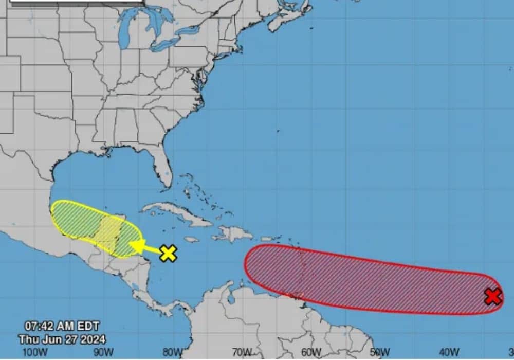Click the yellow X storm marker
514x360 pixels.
(x=168, y=253)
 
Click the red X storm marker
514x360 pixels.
(x=493, y=297)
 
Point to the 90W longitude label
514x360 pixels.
(x=103, y=352)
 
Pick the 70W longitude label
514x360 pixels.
(x=242, y=352)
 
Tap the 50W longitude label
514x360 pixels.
(x=380, y=352)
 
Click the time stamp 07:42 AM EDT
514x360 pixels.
(x=62, y=326)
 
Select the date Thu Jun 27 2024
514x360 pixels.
(x=62, y=339)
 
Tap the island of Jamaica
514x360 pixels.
(x=191, y=239)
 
